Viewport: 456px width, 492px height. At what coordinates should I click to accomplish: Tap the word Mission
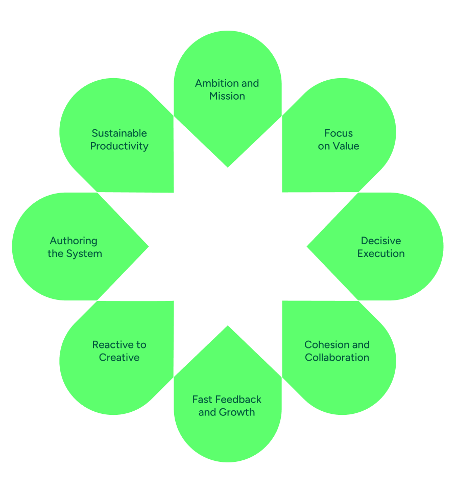[x=227, y=96]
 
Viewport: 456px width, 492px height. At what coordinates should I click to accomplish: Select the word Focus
[x=339, y=133]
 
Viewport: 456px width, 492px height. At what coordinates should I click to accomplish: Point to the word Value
[x=346, y=146]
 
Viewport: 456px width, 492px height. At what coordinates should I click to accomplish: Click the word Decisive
[x=381, y=241]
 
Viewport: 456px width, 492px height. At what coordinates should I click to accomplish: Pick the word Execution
[x=381, y=253]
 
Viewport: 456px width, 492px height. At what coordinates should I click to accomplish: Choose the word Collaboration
[x=337, y=358]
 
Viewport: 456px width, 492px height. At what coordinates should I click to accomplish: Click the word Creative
[x=119, y=358]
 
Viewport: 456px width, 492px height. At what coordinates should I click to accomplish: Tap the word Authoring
[x=74, y=241]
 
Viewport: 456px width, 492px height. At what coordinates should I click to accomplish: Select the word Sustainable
[x=119, y=133]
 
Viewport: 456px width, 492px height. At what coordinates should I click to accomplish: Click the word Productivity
[x=119, y=146]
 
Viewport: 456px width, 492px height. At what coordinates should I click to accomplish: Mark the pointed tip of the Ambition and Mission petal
[x=228, y=167]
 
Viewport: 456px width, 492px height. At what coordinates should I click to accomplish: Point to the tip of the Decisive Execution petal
[x=307, y=246]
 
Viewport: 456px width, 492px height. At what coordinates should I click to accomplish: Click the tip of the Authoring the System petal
[x=148, y=246]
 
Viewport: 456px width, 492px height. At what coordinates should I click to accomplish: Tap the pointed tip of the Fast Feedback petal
[x=228, y=326]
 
